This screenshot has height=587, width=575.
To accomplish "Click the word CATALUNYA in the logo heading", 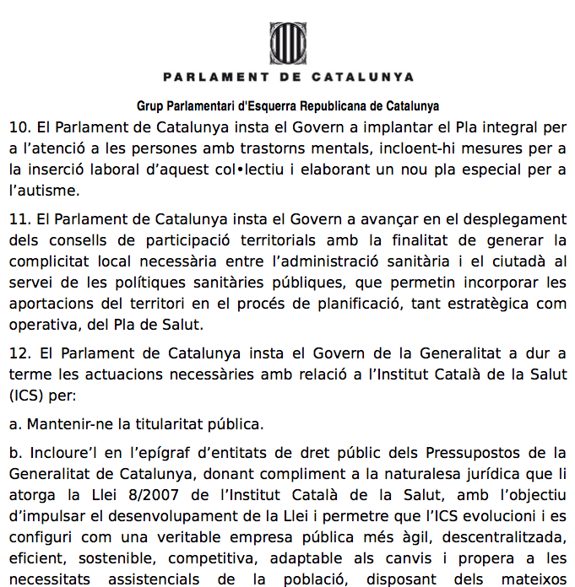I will click(x=363, y=77).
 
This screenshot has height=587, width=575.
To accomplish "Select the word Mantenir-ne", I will click(x=66, y=423).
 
